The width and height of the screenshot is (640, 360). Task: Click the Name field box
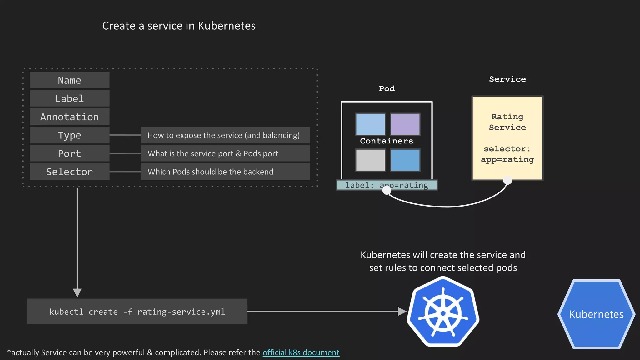[69, 80]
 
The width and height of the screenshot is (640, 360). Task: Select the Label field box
[69, 99]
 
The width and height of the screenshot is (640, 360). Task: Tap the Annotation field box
[69, 117]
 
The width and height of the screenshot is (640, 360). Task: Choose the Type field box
[69, 135]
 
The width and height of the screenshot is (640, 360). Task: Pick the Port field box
[69, 153]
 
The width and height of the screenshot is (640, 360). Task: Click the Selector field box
[69, 172]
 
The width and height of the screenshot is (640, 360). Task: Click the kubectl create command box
[137, 312]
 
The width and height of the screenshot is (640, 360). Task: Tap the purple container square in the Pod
[405, 124]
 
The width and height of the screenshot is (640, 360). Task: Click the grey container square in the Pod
[370, 160]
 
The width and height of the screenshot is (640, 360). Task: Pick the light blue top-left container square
[370, 124]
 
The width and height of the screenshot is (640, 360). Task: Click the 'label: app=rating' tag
[387, 185]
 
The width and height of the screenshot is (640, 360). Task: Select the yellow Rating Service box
[507, 138]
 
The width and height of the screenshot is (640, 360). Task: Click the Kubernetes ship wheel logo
[443, 312]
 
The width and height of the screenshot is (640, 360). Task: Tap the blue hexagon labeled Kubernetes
[596, 314]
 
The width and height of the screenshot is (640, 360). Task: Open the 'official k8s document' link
[301, 352]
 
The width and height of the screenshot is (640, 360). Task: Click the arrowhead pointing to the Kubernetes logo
[402, 311]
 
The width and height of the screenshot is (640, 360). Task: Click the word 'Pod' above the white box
[387, 88]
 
